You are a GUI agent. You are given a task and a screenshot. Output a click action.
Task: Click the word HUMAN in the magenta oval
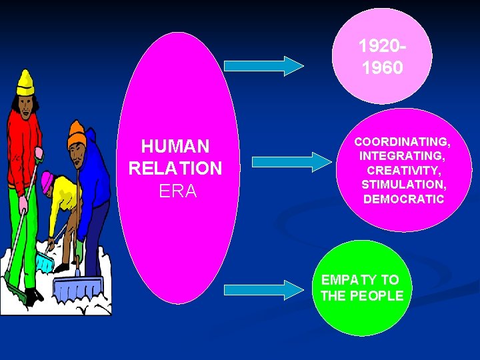click(x=175, y=146)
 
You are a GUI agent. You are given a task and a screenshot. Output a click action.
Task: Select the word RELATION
click(x=175, y=169)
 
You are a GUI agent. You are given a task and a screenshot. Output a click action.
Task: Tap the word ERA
click(x=178, y=191)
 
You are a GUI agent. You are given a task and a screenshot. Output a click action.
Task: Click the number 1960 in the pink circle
click(x=382, y=68)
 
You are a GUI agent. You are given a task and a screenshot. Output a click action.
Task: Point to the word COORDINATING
click(x=402, y=142)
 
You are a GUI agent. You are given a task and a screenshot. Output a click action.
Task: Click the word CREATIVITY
click(x=402, y=170)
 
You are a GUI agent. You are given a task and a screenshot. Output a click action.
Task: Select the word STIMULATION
click(x=402, y=184)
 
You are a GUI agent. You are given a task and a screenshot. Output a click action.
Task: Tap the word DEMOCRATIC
click(x=403, y=199)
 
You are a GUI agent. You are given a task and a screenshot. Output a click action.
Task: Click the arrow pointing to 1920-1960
click(x=263, y=65)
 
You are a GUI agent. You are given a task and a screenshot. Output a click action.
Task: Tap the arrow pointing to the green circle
click(x=263, y=289)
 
